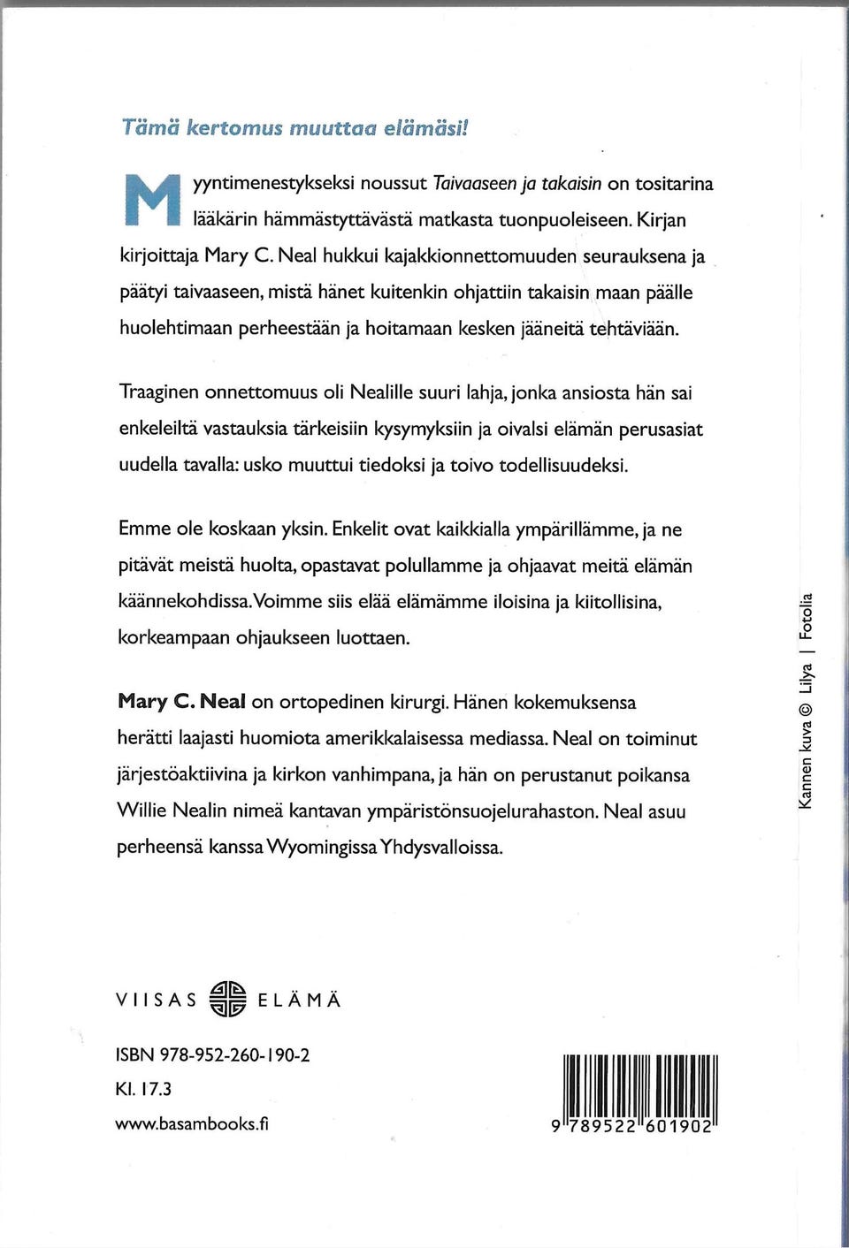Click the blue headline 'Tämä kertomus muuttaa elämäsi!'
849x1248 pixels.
[x=294, y=127]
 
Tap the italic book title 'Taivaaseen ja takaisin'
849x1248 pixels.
[x=516, y=184]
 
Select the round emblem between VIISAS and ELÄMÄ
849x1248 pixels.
[x=227, y=1000]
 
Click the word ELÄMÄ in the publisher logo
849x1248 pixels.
[x=299, y=1001]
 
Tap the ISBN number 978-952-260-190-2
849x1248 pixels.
[x=234, y=1054]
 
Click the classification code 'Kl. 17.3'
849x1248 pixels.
[x=143, y=1089]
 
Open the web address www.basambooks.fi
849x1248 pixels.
[x=192, y=1123]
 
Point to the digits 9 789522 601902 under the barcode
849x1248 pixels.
[x=631, y=1127]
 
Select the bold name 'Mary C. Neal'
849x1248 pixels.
[x=181, y=702]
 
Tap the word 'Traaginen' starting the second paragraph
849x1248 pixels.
[x=158, y=392]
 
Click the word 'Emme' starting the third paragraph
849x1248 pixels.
[x=145, y=529]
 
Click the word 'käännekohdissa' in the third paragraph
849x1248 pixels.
[x=184, y=601]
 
